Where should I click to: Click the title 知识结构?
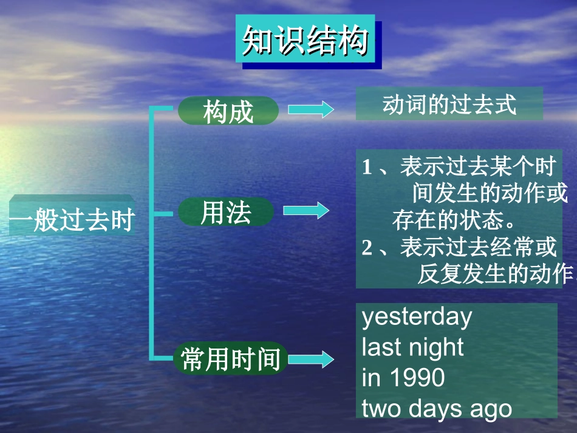click(x=305, y=41)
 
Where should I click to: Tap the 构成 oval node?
click(x=228, y=111)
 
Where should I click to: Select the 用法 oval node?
click(x=226, y=212)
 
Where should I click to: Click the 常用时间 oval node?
click(x=231, y=358)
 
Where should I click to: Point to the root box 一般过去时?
click(x=72, y=219)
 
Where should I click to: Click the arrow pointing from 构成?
click(x=310, y=110)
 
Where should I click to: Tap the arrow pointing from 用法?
click(x=306, y=211)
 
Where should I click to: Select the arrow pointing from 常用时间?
click(x=310, y=359)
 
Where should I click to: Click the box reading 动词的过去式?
click(x=449, y=104)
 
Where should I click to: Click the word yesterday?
click(x=417, y=317)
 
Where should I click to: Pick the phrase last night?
click(x=412, y=347)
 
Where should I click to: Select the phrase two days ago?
click(x=437, y=409)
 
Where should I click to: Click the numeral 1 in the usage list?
click(x=366, y=168)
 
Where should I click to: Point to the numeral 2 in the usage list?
click(x=366, y=248)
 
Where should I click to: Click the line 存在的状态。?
click(x=452, y=220)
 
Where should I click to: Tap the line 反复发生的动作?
click(x=495, y=274)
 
